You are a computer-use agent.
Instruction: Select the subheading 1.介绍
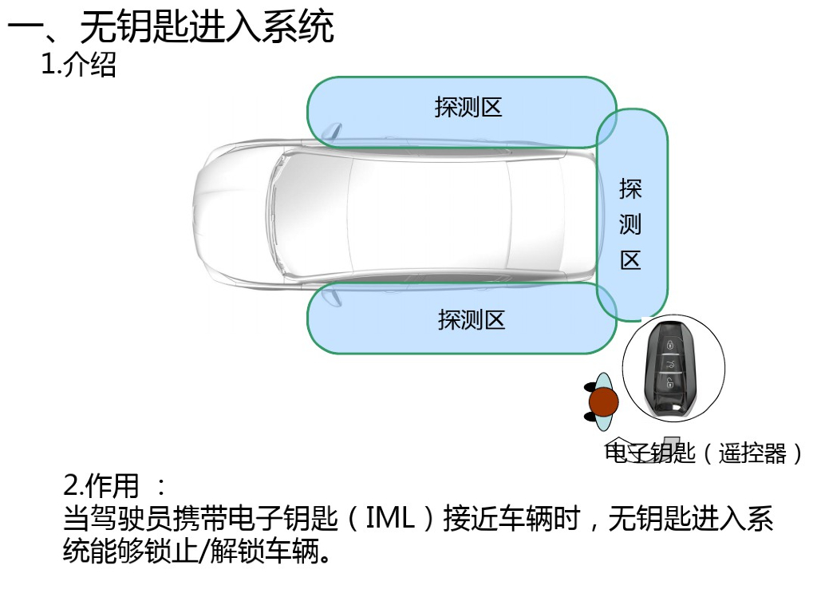pyautogui.click(x=78, y=65)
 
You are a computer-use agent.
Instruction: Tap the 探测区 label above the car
pyautogui.click(x=468, y=107)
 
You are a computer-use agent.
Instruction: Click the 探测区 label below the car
pyautogui.click(x=472, y=320)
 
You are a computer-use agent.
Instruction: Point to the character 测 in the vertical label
pyautogui.click(x=630, y=224)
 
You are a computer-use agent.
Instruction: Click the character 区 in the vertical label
pyautogui.click(x=630, y=260)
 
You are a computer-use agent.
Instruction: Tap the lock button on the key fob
pyautogui.click(x=670, y=345)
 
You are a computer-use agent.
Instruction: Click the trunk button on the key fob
pyautogui.click(x=672, y=365)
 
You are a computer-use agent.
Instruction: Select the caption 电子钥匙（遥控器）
pyautogui.click(x=705, y=453)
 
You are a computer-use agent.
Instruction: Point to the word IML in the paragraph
pyautogui.click(x=390, y=519)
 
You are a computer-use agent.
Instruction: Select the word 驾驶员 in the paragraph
pyautogui.click(x=136, y=519)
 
